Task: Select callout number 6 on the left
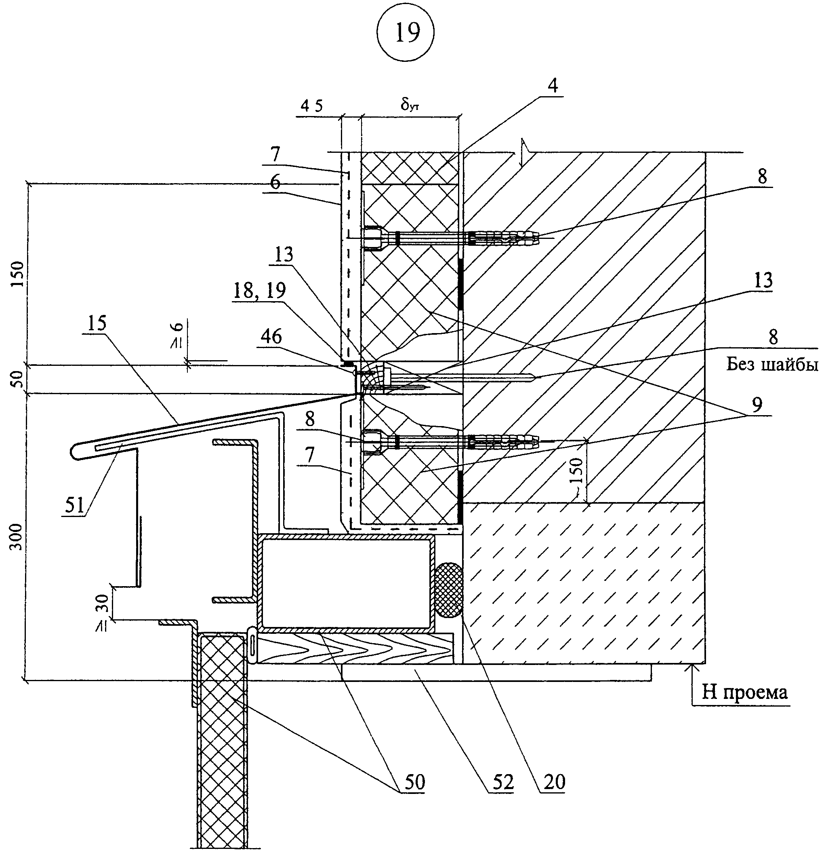(275, 182)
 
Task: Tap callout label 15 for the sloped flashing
(97, 323)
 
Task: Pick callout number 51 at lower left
(74, 506)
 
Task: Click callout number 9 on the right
(757, 404)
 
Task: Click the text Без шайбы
(772, 364)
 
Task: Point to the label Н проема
(745, 692)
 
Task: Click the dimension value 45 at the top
(312, 106)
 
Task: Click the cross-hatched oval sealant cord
(449, 590)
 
